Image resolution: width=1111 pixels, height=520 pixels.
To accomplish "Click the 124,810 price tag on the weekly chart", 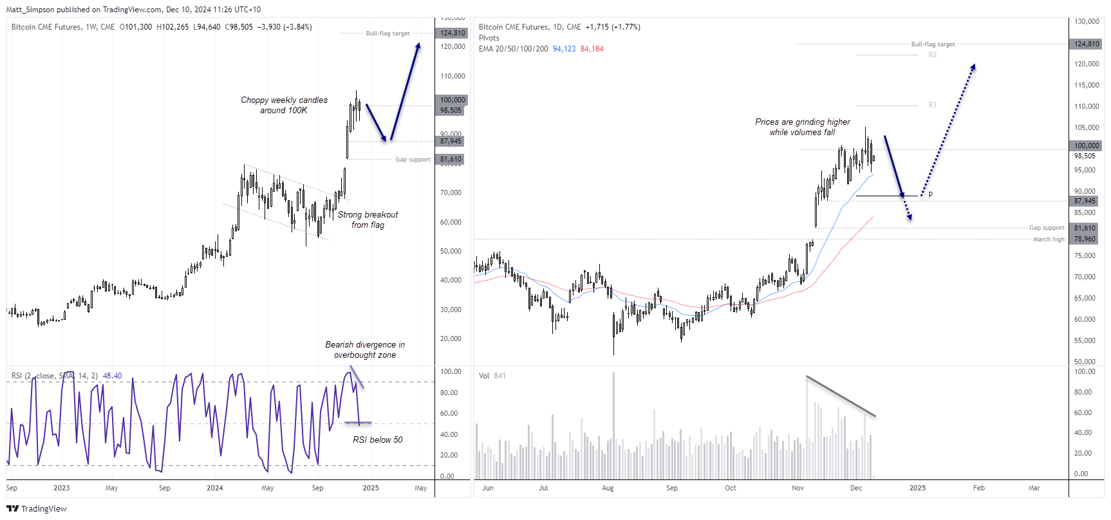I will (x=453, y=33).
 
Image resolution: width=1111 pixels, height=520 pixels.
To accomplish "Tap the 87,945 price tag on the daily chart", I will (x=1085, y=201).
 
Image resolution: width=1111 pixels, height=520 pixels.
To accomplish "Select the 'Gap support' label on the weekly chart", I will (x=413, y=160).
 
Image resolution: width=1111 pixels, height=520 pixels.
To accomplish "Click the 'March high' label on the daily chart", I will (x=1049, y=239).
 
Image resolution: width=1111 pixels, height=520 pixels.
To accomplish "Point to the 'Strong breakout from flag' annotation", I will (x=368, y=219).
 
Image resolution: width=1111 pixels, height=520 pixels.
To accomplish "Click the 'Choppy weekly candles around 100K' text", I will (x=284, y=105).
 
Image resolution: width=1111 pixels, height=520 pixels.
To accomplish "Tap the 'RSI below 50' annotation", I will (x=377, y=440).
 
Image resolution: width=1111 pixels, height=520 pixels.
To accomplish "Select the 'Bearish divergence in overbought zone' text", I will (x=364, y=349).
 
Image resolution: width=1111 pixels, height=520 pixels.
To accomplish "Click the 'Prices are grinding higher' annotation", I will (x=802, y=127).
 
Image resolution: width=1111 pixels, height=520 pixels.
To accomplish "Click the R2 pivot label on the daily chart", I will (x=932, y=55).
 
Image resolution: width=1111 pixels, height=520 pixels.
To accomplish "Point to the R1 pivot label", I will (x=932, y=105).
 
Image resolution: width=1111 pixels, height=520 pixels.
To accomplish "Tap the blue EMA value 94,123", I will (x=564, y=49).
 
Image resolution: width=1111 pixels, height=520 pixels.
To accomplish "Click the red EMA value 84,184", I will (x=592, y=49).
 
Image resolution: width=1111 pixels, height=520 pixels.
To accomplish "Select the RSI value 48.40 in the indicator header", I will (x=112, y=376).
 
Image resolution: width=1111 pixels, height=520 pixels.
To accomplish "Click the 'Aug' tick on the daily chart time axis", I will (x=608, y=488).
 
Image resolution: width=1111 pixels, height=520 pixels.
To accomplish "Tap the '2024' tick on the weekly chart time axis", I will (x=214, y=488).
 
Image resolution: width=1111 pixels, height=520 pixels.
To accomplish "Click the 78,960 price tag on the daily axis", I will (x=1085, y=239).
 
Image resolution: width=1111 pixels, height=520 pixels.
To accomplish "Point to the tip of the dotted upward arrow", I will (x=974, y=65).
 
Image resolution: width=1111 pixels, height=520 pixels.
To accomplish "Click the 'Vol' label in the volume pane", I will (x=484, y=376).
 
